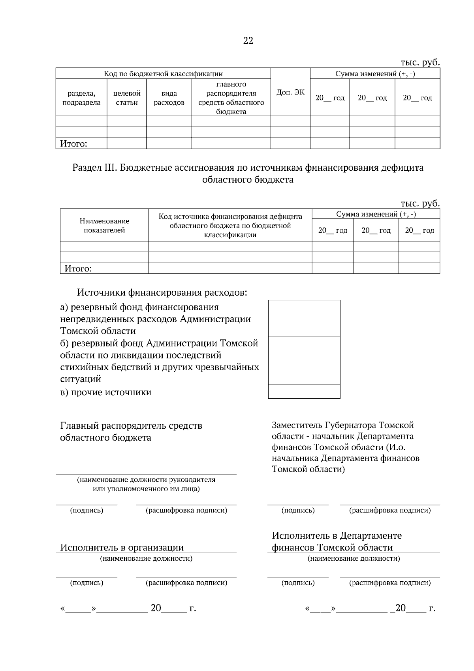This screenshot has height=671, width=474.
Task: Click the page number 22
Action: (x=248, y=41)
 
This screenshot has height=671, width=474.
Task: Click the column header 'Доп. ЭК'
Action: (x=290, y=92)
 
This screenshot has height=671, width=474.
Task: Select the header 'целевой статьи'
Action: (x=127, y=98)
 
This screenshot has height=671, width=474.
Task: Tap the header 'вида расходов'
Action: (x=169, y=98)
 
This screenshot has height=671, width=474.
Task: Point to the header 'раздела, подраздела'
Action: (x=81, y=98)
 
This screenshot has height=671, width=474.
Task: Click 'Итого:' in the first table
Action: (x=73, y=144)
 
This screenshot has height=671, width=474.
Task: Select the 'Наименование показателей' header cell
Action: (x=104, y=226)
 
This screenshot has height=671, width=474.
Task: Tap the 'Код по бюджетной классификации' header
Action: (x=163, y=74)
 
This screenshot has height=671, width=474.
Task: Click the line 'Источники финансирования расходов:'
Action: (x=162, y=293)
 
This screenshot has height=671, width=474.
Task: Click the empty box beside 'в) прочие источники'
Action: (x=304, y=391)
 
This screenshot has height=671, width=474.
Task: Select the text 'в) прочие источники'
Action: (x=106, y=392)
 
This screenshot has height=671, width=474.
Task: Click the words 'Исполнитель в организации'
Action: (x=122, y=547)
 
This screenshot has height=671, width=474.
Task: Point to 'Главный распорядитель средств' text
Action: (x=131, y=426)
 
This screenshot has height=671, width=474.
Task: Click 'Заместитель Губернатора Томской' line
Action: (x=342, y=425)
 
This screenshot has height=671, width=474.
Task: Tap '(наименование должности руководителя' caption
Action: (x=146, y=480)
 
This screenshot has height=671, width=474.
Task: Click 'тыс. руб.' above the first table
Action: (x=420, y=62)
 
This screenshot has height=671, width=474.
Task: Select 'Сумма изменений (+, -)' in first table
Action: (x=375, y=74)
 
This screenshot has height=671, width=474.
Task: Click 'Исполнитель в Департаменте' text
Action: (x=337, y=536)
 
